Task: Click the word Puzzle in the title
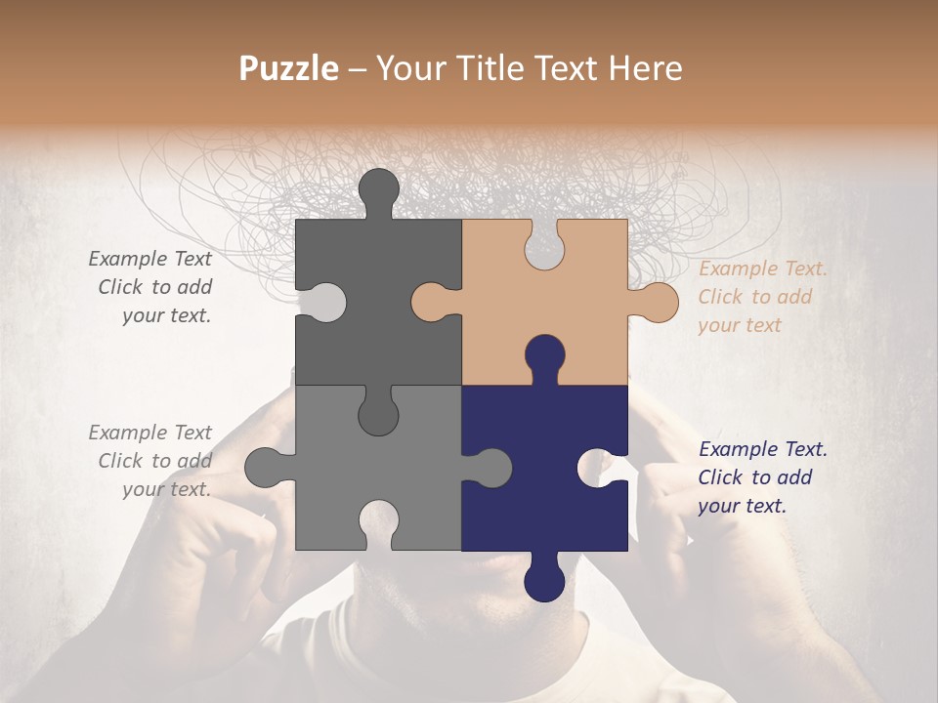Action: tap(289, 68)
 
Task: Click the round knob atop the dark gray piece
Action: tap(379, 188)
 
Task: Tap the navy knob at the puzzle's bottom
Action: tap(544, 580)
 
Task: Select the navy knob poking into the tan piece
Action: tap(544, 356)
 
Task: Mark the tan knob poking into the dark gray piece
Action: tap(431, 302)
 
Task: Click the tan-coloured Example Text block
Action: tap(762, 297)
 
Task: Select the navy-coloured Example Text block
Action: tap(762, 477)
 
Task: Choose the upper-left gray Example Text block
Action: tap(151, 287)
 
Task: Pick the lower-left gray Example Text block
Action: tap(151, 461)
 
